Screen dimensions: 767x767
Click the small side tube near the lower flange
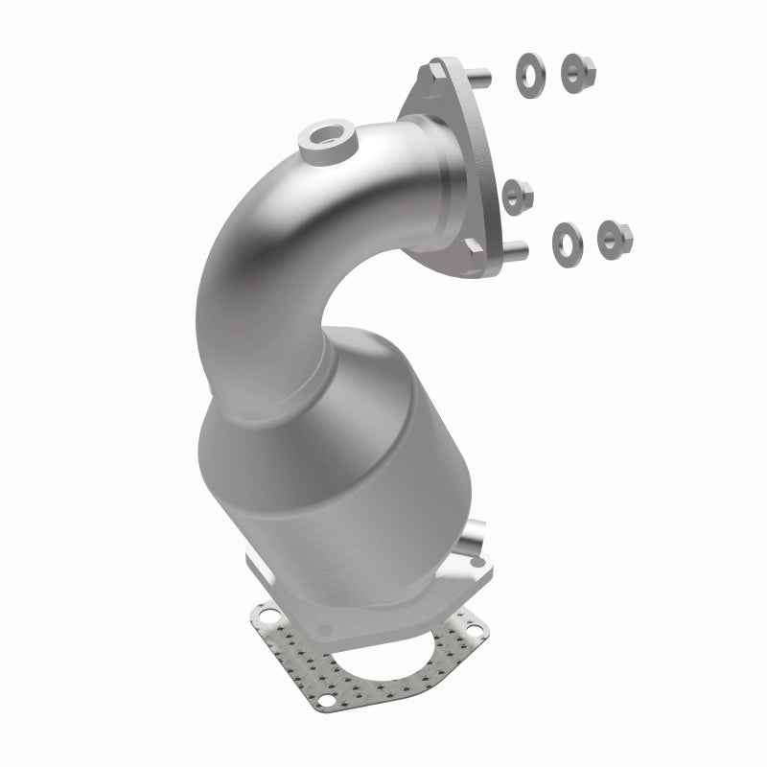471,542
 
